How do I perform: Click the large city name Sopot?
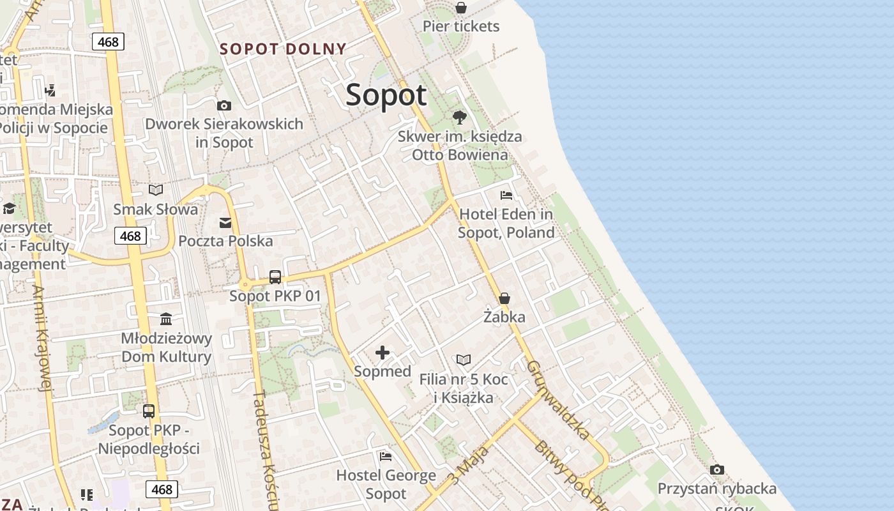(386, 95)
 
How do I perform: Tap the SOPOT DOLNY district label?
(283, 49)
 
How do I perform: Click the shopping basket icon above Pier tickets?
(460, 8)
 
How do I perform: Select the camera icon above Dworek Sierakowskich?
(223, 105)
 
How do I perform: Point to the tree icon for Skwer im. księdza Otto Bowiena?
(459, 118)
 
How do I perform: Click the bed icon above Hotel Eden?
(506, 195)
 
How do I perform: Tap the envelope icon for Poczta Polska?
(225, 222)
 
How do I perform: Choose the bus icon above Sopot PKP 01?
(275, 277)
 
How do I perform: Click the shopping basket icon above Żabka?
(504, 298)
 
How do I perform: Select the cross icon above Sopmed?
(383, 353)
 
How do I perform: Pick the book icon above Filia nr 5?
(464, 360)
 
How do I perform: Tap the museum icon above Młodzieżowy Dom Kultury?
(166, 319)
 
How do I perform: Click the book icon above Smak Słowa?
(156, 190)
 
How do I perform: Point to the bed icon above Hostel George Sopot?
(386, 456)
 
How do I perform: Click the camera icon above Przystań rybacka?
(717, 470)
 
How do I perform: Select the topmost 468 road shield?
(108, 42)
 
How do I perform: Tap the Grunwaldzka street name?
(558, 400)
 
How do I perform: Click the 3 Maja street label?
(469, 465)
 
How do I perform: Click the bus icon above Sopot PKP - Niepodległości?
(149, 411)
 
